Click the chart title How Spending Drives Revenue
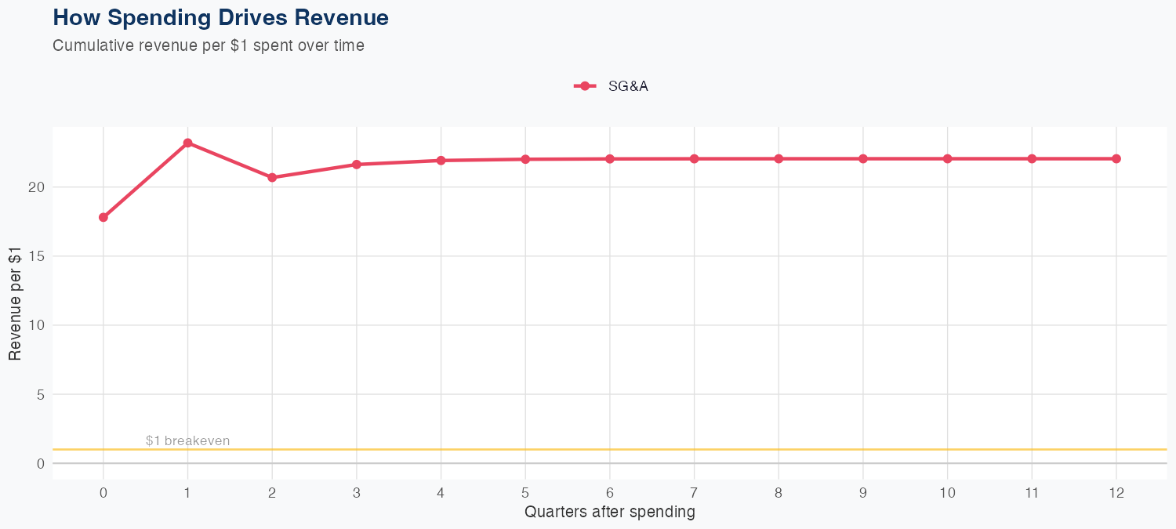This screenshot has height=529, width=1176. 220,17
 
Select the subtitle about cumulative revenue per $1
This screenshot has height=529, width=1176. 209,45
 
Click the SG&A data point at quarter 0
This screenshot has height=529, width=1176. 103,217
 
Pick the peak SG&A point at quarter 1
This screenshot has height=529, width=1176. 188,143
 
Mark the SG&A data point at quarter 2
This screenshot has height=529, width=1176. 272,177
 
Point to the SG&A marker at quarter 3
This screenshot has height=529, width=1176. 357,164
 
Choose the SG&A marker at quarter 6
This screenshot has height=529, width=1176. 610,158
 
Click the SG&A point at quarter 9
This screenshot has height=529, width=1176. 863,158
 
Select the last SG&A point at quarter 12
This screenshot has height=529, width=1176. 1116,158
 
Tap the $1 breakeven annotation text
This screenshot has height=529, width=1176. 188,441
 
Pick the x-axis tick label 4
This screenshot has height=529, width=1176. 441,493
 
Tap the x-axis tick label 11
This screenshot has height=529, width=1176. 1032,493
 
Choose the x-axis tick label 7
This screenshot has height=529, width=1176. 695,493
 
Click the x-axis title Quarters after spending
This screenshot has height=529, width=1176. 610,513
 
